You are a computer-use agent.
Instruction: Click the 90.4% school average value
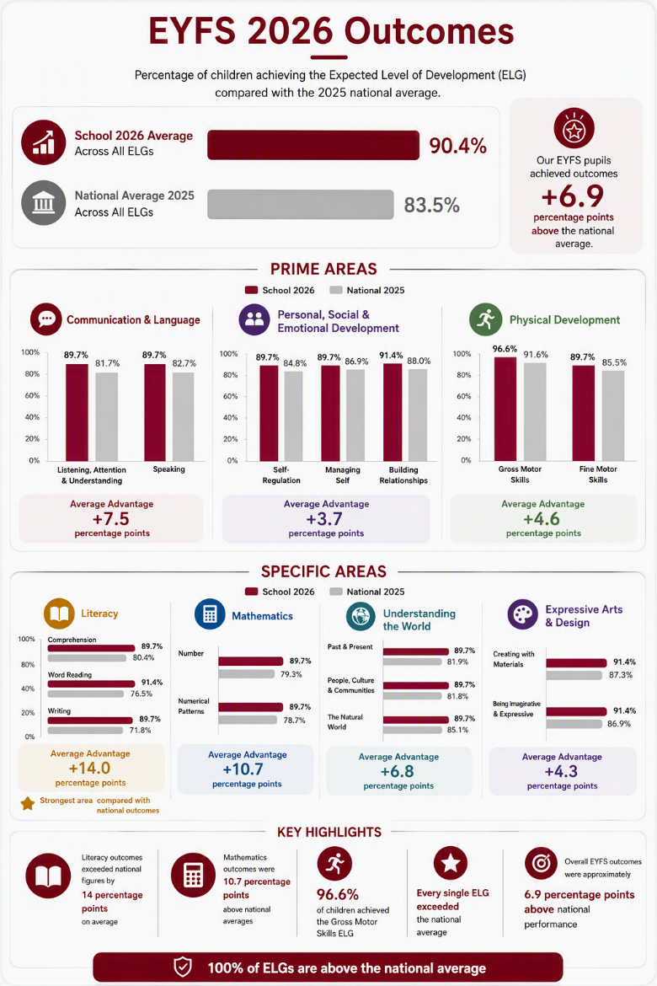pos(457,146)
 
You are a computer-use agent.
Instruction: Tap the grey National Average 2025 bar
pos(301,205)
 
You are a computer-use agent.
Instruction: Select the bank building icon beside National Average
pos(44,202)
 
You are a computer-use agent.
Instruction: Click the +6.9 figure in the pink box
pos(573,196)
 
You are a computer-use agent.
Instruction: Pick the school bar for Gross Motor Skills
pos(505,409)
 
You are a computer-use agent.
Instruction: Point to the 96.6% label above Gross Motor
pos(505,349)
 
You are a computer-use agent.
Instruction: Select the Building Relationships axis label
pos(403,474)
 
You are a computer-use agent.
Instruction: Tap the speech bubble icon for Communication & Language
pos(45,319)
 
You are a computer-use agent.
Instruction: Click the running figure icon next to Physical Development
pos(485,319)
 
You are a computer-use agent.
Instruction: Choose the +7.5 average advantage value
pos(110,519)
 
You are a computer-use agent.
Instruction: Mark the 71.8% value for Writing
pos(140,730)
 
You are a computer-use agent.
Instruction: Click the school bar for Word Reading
pos(91,683)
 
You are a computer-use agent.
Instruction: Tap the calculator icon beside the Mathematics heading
pos(210,614)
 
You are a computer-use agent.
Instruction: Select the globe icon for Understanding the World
pos(361,616)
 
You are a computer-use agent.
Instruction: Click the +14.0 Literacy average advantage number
pos(90,768)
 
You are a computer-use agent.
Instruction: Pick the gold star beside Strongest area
pos(28,804)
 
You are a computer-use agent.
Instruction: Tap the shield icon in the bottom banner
pos(182,967)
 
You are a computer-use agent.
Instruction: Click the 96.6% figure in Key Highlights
pos(338,894)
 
